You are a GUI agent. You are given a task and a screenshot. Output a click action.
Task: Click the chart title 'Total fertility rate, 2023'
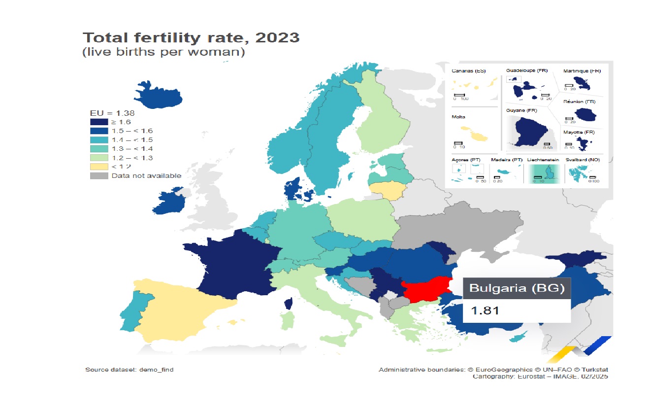click(191, 37)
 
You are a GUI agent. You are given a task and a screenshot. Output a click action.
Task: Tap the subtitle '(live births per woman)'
click(163, 52)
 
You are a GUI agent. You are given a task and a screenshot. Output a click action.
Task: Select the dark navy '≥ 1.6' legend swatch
click(98, 122)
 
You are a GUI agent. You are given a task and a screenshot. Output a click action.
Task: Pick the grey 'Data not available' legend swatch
click(98, 176)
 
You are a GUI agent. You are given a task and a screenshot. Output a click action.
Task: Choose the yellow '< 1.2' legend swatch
click(98, 167)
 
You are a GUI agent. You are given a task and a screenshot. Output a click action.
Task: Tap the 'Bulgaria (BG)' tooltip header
click(516, 288)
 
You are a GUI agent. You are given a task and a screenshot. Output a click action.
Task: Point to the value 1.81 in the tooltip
click(485, 310)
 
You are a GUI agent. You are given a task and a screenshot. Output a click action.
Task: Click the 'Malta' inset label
click(458, 117)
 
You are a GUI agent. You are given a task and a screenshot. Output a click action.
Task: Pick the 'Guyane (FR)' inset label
click(521, 110)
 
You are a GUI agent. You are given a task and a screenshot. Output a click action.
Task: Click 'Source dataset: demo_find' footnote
click(129, 370)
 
